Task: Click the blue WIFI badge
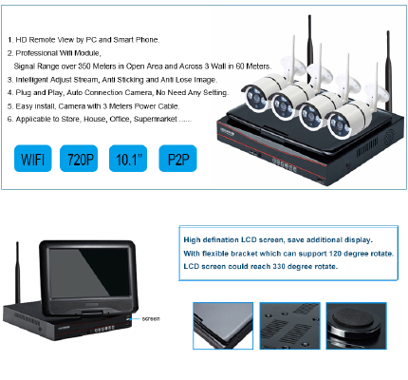33,159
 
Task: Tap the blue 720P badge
79,159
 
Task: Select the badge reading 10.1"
128,159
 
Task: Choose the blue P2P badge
177,159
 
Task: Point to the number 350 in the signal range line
84,66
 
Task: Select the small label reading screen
151,319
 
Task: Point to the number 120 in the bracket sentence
335,254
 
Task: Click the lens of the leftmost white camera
255,98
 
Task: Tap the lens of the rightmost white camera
339,125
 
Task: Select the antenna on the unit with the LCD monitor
18,274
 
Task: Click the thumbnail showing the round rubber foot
356,326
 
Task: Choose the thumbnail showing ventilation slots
289,326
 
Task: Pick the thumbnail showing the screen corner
223,326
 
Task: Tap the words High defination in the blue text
211,240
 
